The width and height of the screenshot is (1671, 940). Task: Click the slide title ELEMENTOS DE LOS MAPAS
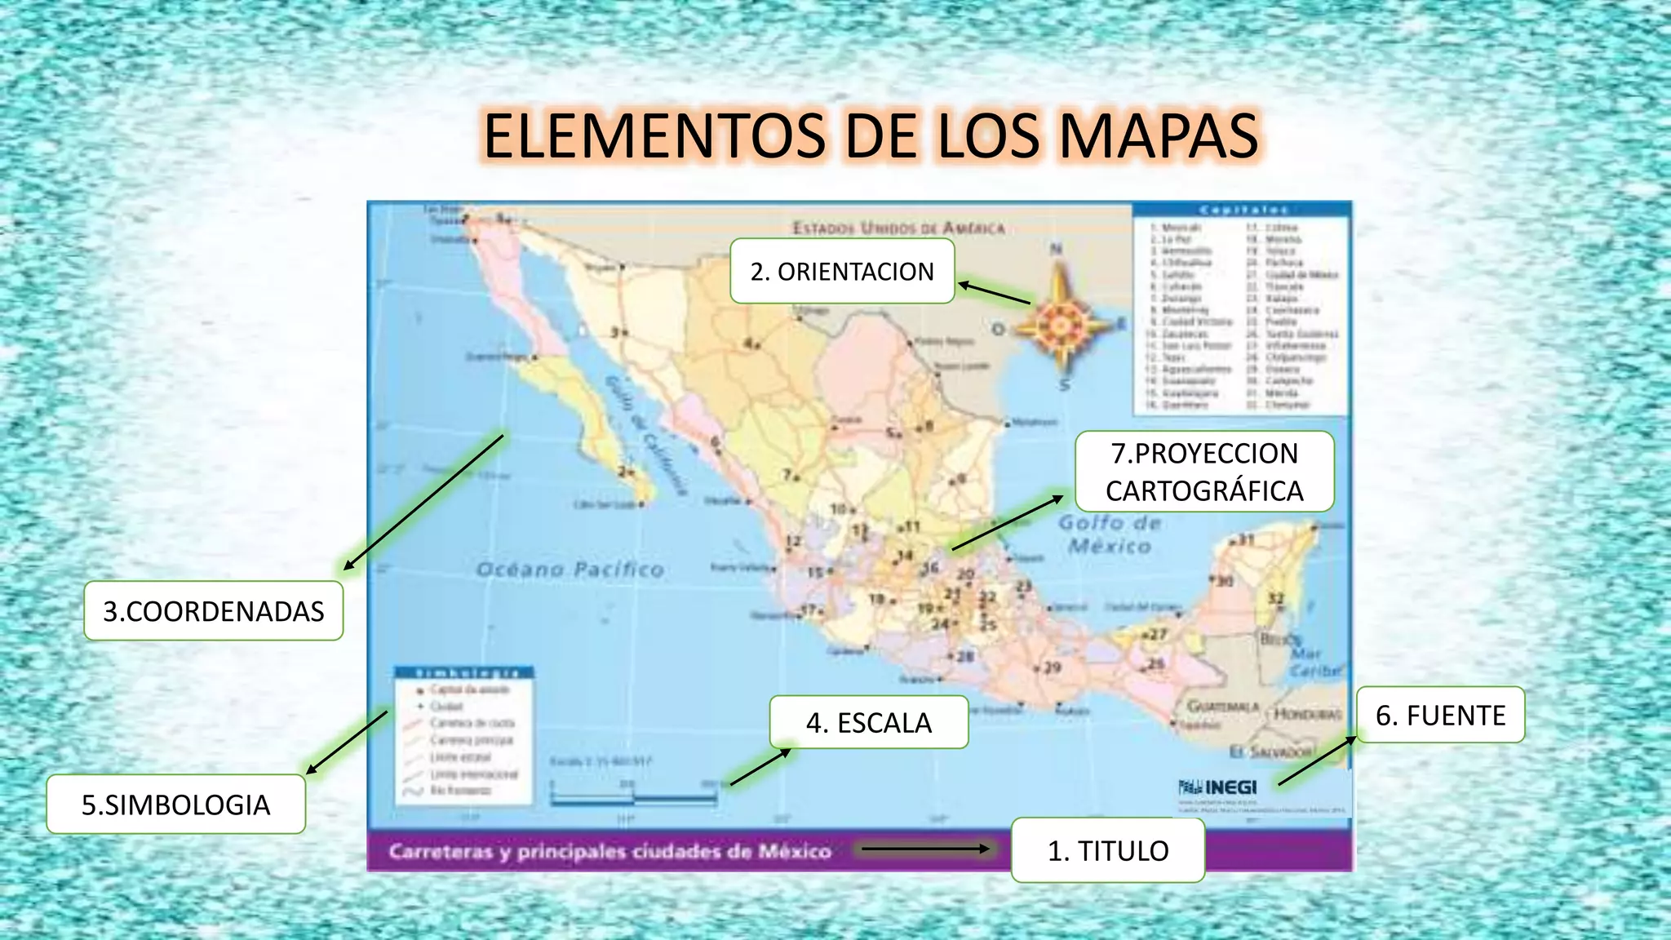pos(871,135)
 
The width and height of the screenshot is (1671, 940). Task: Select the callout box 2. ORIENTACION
pos(842,272)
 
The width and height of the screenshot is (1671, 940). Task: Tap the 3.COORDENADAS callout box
pos(213,611)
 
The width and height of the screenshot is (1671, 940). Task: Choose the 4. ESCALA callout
pos(868,722)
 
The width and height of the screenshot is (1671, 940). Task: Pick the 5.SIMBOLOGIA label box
pos(175,805)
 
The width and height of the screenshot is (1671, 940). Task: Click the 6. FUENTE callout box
pos(1440,716)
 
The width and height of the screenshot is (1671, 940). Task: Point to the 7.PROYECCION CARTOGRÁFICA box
pos(1204,472)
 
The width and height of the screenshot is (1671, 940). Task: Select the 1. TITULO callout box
pos(1107,850)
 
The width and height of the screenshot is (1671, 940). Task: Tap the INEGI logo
pos(1218,787)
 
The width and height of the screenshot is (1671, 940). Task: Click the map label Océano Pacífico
pos(570,570)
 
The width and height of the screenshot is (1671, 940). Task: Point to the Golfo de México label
pos(1110,534)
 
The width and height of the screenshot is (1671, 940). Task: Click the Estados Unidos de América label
pos(898,228)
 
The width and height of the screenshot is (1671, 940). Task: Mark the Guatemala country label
pos(1222,707)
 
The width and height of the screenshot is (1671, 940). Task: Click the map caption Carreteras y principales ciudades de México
pos(609,852)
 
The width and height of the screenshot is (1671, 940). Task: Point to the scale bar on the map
pos(633,796)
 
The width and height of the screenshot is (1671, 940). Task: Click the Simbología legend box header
pos(463,673)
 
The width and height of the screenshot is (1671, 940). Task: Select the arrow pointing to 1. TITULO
pos(925,849)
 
